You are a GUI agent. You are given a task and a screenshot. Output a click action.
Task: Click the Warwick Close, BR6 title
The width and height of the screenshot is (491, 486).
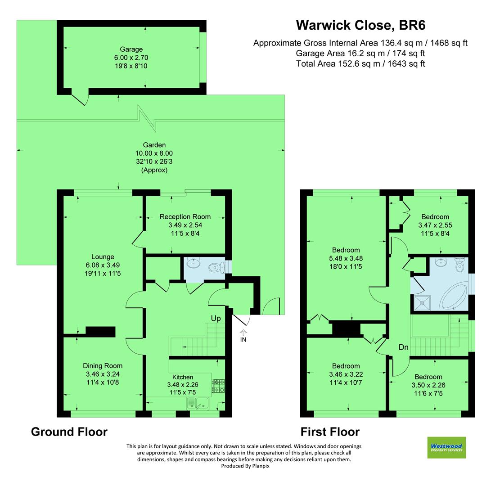point(360,25)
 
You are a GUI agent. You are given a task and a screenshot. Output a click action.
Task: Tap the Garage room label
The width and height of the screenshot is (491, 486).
point(131,49)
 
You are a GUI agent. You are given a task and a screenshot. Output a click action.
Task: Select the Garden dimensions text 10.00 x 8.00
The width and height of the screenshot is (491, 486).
point(154,153)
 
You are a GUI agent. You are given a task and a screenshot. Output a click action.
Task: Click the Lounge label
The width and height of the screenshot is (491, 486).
point(103,257)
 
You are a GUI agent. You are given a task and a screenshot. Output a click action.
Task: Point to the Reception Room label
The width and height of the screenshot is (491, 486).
point(185,216)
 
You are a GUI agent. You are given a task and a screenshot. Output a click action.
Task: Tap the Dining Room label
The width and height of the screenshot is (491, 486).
point(103,365)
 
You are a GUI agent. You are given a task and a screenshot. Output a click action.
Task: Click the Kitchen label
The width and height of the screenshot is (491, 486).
point(183,377)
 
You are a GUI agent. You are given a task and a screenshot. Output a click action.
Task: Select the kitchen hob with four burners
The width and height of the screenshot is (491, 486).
point(218,385)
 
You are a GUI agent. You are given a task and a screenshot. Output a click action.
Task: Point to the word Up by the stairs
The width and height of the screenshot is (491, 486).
point(216,318)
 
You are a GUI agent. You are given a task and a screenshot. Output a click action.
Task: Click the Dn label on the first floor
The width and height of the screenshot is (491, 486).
point(403,347)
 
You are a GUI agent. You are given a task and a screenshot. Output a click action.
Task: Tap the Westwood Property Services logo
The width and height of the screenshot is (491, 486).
point(446,447)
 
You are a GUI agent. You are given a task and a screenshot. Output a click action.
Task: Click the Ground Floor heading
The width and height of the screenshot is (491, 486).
point(69,432)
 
